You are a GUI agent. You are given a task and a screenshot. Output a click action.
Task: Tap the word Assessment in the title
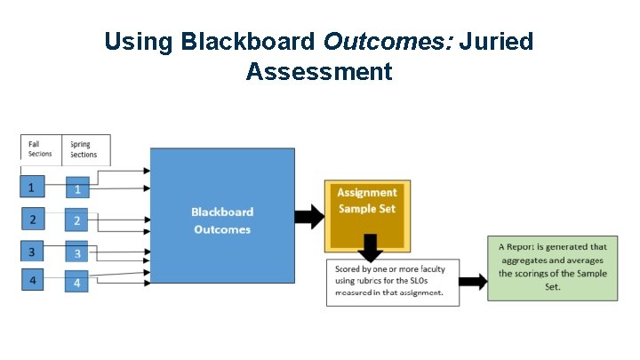point(319,71)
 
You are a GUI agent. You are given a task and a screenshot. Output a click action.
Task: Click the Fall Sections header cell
point(40,149)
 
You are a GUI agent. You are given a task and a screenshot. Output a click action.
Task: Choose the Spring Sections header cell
point(86,149)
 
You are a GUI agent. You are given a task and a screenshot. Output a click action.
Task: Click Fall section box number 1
point(32,188)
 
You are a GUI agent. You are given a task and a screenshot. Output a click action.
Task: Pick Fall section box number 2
point(32,219)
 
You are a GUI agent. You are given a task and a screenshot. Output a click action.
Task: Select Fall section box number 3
point(32,252)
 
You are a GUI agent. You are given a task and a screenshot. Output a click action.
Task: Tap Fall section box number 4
point(32,282)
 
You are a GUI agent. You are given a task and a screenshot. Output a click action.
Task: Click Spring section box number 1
point(77,189)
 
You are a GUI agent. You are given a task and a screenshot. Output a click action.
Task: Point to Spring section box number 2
point(77,220)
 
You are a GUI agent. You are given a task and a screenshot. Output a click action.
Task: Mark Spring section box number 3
point(77,253)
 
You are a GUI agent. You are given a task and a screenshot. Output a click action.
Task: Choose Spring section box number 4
point(77,284)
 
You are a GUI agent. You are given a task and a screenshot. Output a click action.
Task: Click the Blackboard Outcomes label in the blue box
point(222,220)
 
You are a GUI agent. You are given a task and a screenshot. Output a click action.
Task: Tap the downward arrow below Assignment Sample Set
point(367,249)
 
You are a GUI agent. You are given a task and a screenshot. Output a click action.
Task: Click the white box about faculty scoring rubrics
point(392,282)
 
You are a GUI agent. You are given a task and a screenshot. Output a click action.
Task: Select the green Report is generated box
point(552,268)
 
